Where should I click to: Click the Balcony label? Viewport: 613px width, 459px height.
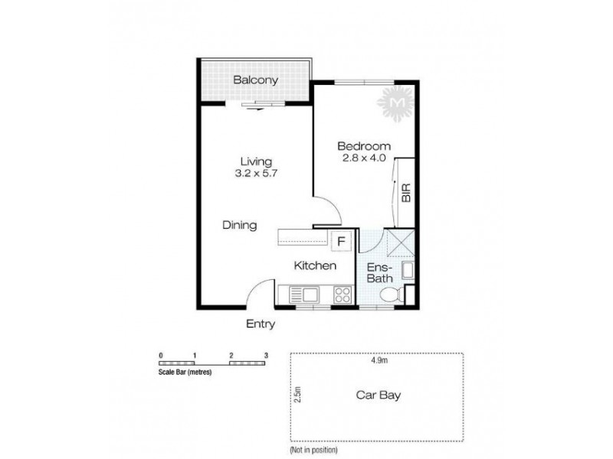pyautogui.click(x=255, y=80)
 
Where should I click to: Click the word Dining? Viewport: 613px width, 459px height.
pyautogui.click(x=239, y=226)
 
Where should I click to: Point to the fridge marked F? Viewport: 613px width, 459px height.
pyautogui.click(x=342, y=240)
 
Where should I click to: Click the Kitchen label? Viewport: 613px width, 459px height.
pyautogui.click(x=316, y=266)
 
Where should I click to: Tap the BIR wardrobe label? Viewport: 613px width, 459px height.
pyautogui.click(x=406, y=191)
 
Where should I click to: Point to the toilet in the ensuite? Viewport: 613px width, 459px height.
pyautogui.click(x=388, y=296)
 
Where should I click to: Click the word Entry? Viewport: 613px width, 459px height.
pyautogui.click(x=260, y=324)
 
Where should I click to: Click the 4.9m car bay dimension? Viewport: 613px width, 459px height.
pyautogui.click(x=376, y=360)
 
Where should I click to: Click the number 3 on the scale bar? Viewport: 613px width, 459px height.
pyautogui.click(x=266, y=356)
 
